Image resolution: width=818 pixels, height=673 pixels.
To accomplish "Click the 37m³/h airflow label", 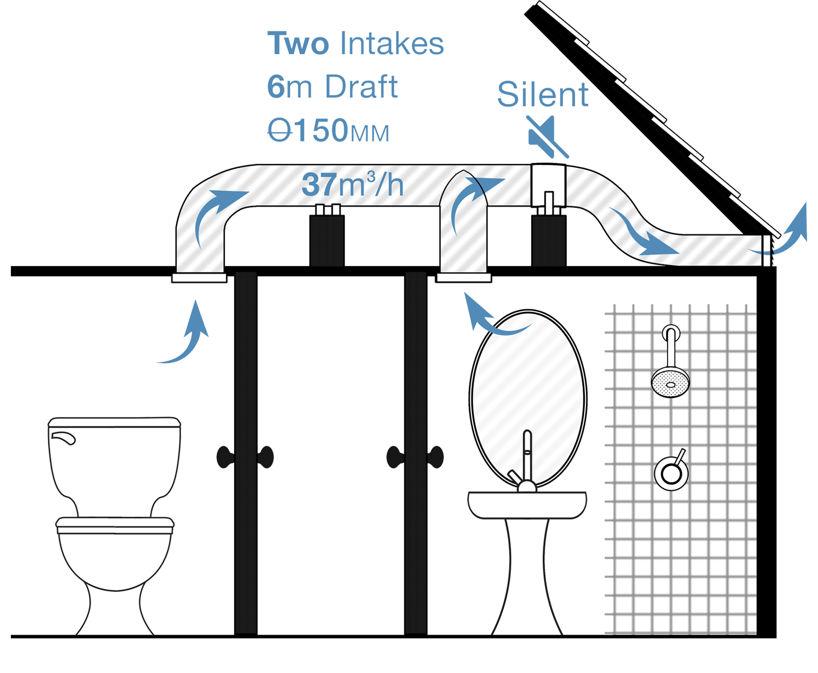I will tap(352, 185).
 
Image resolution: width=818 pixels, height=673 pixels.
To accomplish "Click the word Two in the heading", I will tap(298, 44).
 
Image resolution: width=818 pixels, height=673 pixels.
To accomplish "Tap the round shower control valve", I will tap(671, 472).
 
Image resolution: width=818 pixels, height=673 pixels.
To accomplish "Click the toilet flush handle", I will tap(63, 437).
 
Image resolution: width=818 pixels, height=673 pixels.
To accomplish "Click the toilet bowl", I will tap(114, 557).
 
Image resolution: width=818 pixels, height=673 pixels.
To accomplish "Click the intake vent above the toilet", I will tap(199, 278).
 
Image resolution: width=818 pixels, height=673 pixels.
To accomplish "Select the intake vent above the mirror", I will tap(464, 278).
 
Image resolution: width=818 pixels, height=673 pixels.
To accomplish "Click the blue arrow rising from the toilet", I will tap(187, 335).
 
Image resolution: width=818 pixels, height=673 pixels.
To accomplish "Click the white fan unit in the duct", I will tap(547, 186).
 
